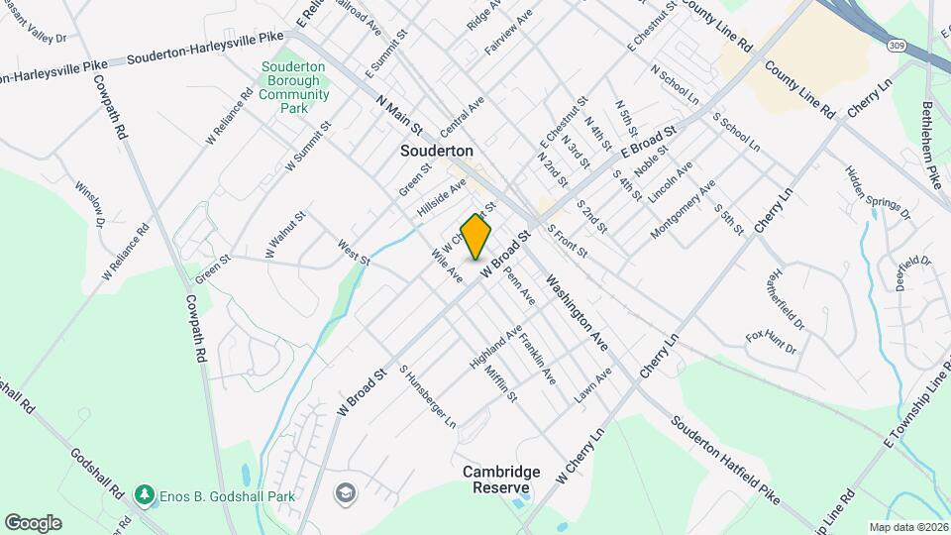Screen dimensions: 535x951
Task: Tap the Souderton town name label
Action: [x=437, y=152]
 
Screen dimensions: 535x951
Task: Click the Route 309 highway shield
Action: [x=896, y=47]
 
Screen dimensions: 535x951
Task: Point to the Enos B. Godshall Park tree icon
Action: [x=145, y=493]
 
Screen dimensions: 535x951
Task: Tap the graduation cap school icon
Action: [x=345, y=492]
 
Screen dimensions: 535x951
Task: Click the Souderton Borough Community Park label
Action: [x=294, y=87]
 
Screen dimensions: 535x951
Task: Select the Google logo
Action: [x=33, y=522]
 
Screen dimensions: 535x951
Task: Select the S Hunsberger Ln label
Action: [x=427, y=396]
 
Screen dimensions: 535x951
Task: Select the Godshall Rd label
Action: [x=96, y=474]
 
